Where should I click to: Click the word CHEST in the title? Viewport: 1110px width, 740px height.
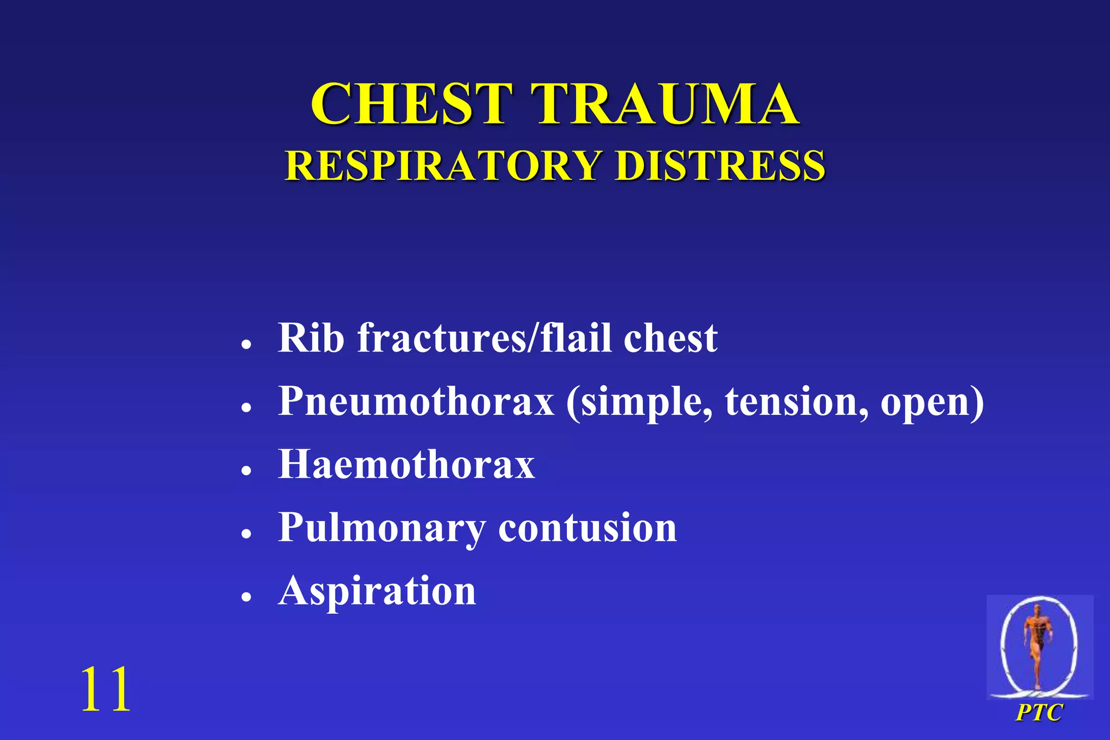pyautogui.click(x=411, y=104)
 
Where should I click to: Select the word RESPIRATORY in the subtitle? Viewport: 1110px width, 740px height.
pyautogui.click(x=443, y=165)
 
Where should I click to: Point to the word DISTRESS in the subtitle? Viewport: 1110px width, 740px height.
pyautogui.click(x=720, y=165)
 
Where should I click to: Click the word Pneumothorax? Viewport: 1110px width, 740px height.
pyautogui.click(x=416, y=402)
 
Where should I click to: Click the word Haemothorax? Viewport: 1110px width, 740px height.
pyautogui.click(x=406, y=464)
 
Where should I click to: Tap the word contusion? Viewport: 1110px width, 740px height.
pyautogui.click(x=588, y=528)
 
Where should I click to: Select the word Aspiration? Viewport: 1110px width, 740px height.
pyautogui.click(x=377, y=591)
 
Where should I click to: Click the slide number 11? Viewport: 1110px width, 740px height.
pyautogui.click(x=105, y=689)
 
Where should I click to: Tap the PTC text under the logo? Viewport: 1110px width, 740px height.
pyautogui.click(x=1039, y=712)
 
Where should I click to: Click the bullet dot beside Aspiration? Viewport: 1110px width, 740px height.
pyautogui.click(x=247, y=597)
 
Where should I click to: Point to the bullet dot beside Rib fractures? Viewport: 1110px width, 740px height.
pyautogui.click(x=247, y=344)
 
